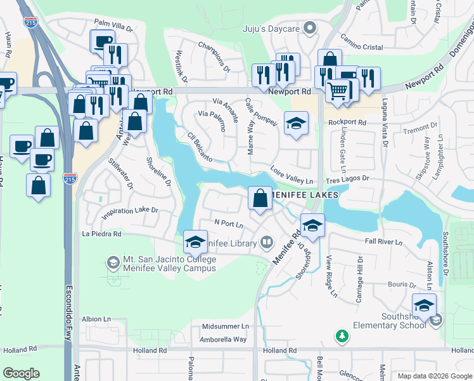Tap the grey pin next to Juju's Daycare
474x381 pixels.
click(x=309, y=28)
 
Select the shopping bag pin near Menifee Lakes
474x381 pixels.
click(x=260, y=198)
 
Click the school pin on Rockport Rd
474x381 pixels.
click(x=296, y=123)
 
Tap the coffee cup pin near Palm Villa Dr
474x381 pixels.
click(x=102, y=42)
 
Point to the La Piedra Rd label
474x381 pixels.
click(x=101, y=234)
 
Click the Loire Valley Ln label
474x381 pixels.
click(x=292, y=175)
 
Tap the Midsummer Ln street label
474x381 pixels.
click(x=226, y=326)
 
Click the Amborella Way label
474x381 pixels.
click(x=223, y=339)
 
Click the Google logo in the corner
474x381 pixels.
click(x=21, y=373)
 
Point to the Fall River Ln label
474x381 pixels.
click(x=384, y=242)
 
